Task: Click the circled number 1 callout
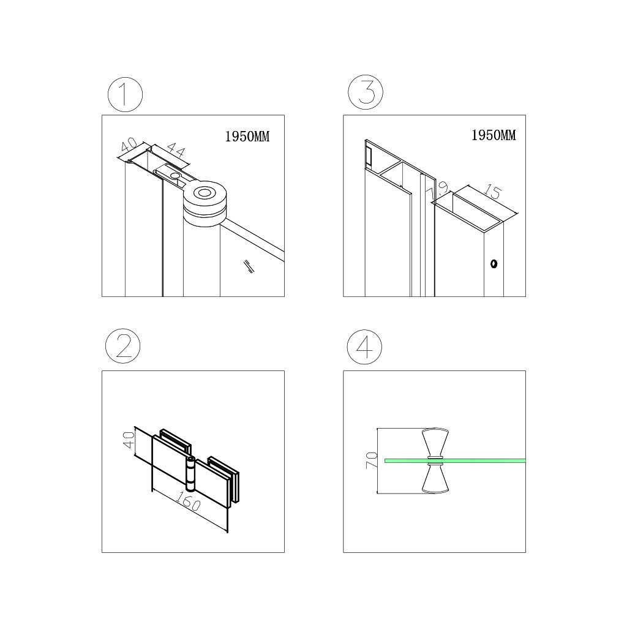click(125, 95)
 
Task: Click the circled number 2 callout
click(122, 346)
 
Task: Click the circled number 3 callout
click(366, 92)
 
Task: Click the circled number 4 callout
click(364, 347)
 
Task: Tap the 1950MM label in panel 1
click(247, 137)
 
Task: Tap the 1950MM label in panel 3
click(494, 135)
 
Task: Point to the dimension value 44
click(176, 150)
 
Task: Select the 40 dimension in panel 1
click(129, 145)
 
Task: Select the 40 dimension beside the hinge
click(129, 440)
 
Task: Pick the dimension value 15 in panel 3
click(492, 192)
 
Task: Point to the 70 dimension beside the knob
click(372, 460)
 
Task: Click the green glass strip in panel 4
click(455, 460)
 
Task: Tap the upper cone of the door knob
click(435, 443)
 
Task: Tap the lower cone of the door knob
click(435, 478)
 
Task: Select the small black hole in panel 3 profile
click(494, 264)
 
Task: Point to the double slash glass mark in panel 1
click(249, 266)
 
